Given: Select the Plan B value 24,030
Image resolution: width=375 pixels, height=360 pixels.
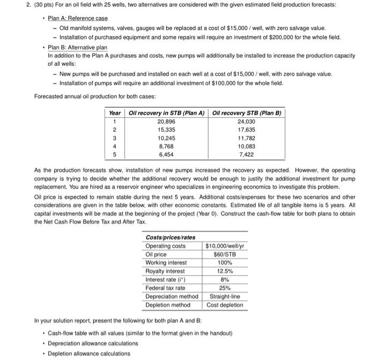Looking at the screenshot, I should (x=247, y=122).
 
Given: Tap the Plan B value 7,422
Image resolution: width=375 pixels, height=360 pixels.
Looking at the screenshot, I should (x=247, y=154).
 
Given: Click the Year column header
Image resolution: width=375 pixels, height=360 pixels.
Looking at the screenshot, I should (x=115, y=113).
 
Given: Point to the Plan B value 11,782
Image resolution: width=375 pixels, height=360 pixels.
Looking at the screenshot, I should (x=247, y=138).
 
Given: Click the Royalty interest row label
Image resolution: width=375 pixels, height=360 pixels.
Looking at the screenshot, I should (x=166, y=271).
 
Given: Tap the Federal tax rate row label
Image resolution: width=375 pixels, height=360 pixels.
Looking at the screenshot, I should (x=166, y=288).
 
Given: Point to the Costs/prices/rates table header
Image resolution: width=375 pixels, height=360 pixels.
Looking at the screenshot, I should (x=170, y=237).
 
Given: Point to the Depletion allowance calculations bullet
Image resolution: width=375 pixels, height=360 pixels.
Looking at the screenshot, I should (x=89, y=353).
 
